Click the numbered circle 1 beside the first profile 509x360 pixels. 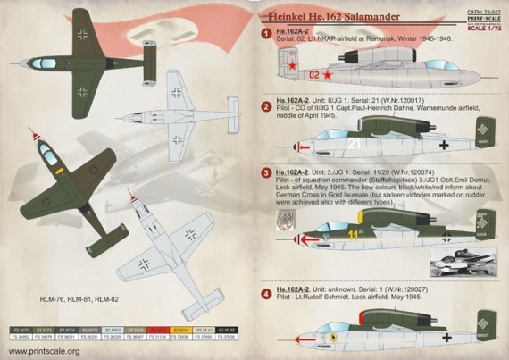click(x=266, y=34)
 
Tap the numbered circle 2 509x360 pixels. click(x=266, y=107)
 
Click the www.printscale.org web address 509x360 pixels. click(x=44, y=351)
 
